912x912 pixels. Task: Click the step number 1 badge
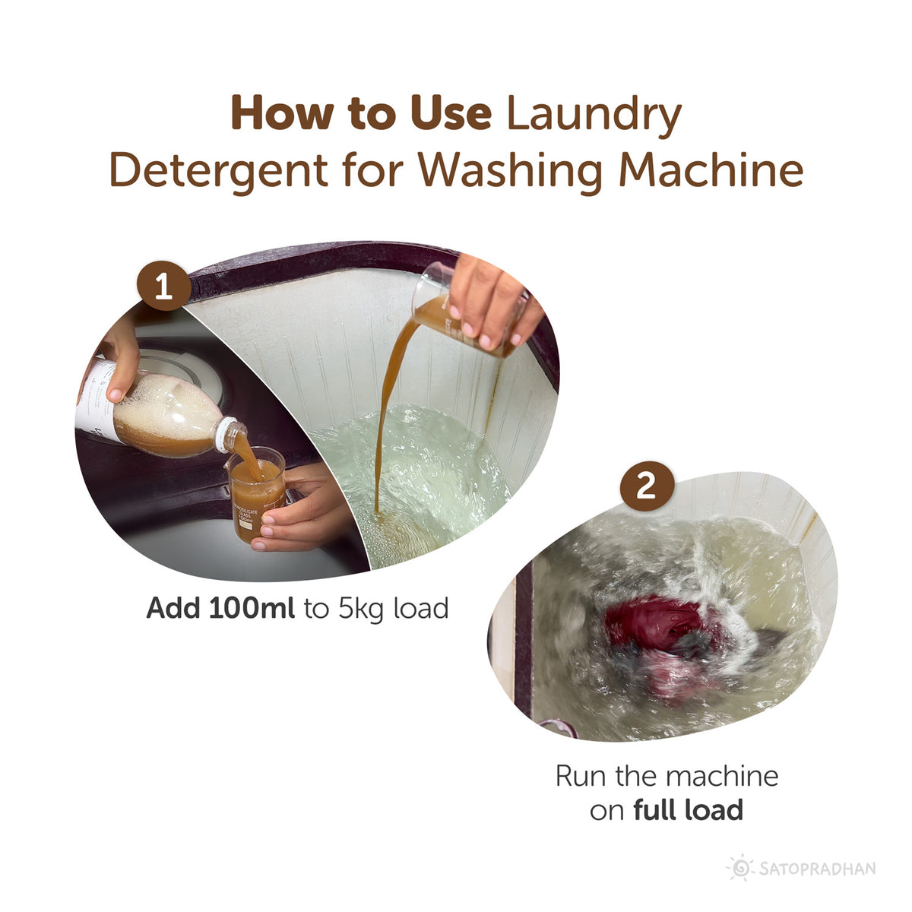point(163,287)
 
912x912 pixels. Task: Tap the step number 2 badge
point(645,485)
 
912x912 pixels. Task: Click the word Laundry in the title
point(594,114)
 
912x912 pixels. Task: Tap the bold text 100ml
point(251,608)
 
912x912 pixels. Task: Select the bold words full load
point(688,810)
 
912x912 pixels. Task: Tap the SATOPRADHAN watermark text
point(816,868)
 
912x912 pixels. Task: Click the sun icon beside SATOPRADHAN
point(739,868)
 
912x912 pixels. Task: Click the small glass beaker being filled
point(257,494)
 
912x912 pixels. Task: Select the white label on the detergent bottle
point(95,399)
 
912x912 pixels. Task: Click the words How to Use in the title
point(361,114)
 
